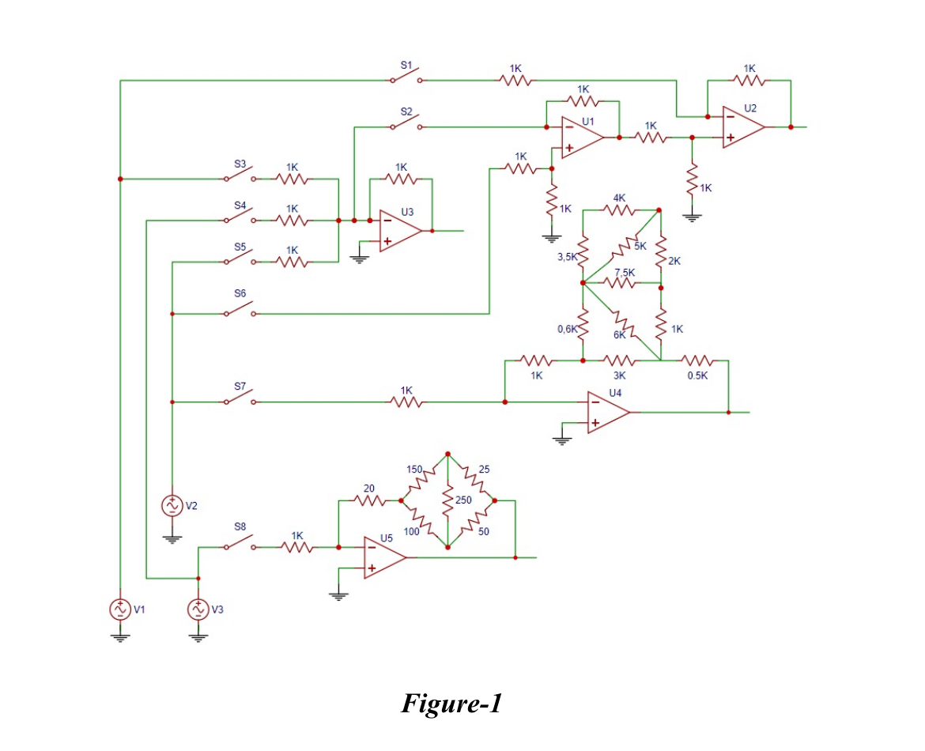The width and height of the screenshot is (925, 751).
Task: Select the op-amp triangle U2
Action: click(x=743, y=127)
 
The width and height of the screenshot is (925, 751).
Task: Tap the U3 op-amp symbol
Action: click(x=399, y=231)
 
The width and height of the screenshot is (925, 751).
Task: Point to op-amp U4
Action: click(x=607, y=412)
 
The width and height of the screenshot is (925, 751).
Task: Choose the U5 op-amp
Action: click(x=384, y=557)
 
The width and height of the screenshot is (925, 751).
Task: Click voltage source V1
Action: click(x=119, y=609)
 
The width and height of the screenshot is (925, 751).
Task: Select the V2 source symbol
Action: click(x=172, y=505)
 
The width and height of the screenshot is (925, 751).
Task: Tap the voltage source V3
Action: click(x=198, y=609)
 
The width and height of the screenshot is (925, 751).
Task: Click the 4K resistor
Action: click(x=620, y=210)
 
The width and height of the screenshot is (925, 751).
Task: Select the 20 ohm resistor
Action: click(x=370, y=500)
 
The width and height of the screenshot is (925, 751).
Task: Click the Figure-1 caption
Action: click(x=451, y=703)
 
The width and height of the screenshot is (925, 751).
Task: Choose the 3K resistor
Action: click(x=621, y=360)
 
